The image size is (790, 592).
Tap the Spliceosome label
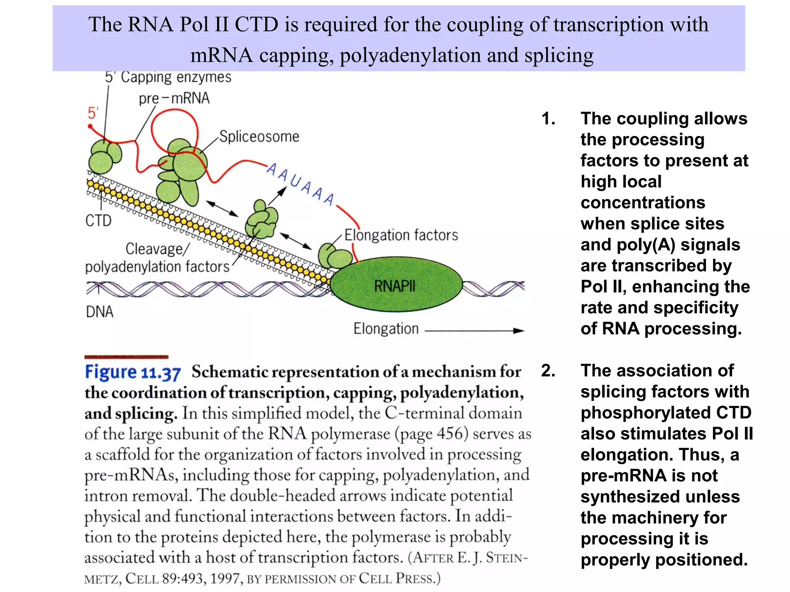click(259, 137)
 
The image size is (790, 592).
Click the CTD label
click(98, 221)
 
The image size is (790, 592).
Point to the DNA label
click(100, 311)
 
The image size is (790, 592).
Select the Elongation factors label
click(401, 235)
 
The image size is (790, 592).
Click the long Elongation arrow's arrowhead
click(519, 330)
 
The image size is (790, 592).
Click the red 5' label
click(93, 113)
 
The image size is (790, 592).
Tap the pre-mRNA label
click(174, 98)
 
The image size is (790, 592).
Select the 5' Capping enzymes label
click(168, 77)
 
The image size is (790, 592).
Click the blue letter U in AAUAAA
click(295, 181)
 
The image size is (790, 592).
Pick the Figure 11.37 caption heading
click(133, 372)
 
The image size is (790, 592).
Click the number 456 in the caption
click(449, 434)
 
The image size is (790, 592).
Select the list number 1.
click(548, 119)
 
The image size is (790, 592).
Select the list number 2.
click(548, 370)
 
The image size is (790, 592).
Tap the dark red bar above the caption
click(126, 357)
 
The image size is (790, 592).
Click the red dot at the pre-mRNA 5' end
click(90, 126)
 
